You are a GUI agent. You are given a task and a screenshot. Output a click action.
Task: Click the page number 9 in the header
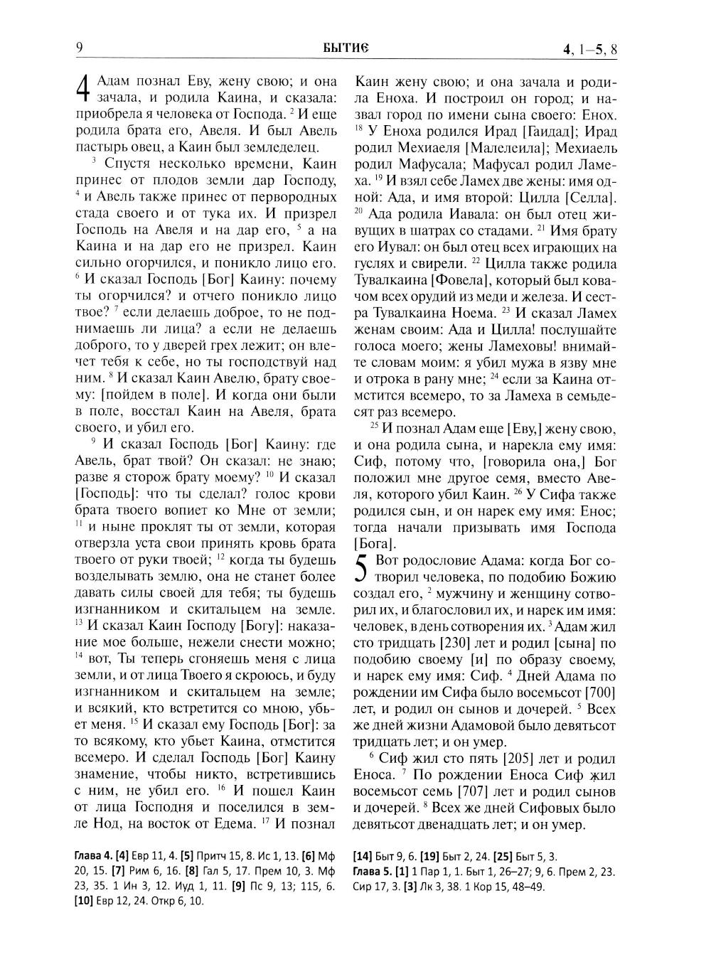pyautogui.click(x=79, y=48)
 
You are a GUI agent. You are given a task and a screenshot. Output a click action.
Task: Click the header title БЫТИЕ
pyautogui.click(x=344, y=48)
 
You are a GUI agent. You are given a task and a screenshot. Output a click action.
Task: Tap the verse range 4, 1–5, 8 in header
pyautogui.click(x=589, y=49)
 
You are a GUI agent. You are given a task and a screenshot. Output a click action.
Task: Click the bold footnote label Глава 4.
pyautogui.click(x=93, y=857)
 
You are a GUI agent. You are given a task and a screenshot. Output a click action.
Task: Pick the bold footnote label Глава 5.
pyautogui.click(x=372, y=871)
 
